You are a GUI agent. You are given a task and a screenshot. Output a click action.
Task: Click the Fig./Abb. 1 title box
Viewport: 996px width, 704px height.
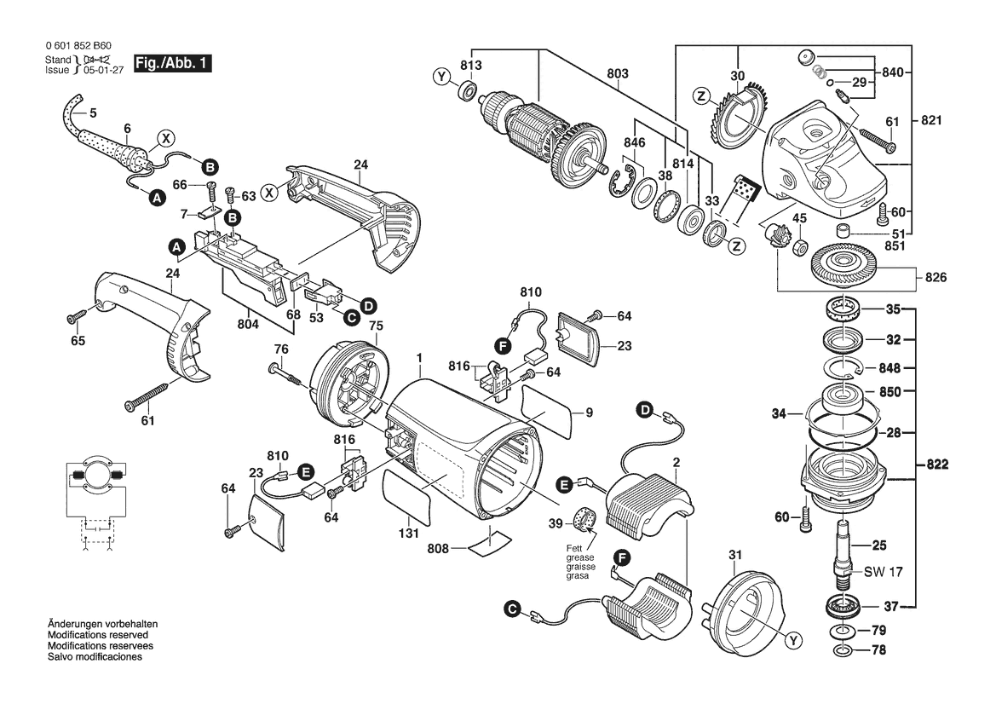[x=172, y=64]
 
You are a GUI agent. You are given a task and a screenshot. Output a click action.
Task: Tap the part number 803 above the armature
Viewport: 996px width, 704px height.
[x=618, y=73]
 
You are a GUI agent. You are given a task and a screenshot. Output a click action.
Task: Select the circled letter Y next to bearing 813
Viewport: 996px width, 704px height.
[x=441, y=77]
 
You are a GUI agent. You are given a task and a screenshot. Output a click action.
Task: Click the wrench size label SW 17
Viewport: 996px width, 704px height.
[x=883, y=572]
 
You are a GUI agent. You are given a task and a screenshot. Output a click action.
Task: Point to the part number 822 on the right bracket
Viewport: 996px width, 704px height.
[x=937, y=465]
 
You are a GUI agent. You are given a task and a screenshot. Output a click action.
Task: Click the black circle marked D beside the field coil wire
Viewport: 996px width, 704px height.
[x=645, y=410]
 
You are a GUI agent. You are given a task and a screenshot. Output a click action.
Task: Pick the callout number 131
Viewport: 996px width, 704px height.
[x=408, y=533]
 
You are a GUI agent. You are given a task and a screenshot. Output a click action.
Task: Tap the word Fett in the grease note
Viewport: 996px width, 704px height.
[x=575, y=548]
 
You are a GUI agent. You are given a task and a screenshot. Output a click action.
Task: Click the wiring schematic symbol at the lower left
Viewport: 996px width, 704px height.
[x=96, y=502]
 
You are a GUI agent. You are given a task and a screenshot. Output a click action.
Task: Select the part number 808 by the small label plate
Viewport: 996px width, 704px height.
[x=438, y=548]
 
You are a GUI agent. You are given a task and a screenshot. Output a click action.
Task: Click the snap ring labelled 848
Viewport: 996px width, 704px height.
[x=843, y=368]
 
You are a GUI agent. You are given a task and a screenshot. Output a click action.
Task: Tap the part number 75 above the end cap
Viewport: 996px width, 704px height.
[x=376, y=326]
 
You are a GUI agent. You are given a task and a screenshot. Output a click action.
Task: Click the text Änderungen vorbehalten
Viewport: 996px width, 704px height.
[x=103, y=624]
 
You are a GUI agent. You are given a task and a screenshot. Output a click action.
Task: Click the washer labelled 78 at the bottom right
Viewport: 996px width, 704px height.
[x=843, y=650]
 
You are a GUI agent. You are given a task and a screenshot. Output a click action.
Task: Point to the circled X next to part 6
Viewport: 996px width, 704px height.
[x=166, y=138]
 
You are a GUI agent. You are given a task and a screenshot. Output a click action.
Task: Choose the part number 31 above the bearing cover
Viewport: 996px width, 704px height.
[x=735, y=555]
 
